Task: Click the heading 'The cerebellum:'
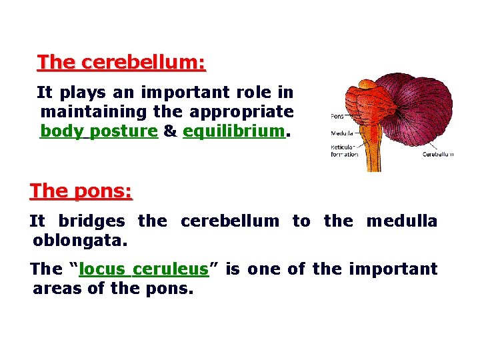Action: pos(121,63)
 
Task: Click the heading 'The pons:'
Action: pos(81,191)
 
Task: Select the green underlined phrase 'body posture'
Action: pos(99,131)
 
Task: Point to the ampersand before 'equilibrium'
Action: pos(169,131)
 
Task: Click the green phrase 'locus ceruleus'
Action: pos(143,269)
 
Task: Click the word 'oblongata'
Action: pos(79,239)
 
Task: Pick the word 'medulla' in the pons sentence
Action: pos(401,221)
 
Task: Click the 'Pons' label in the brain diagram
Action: pos(337,117)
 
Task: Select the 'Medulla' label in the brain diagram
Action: pos(341,133)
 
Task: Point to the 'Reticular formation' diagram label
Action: pos(344,151)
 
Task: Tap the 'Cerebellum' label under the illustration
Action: pos(437,154)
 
